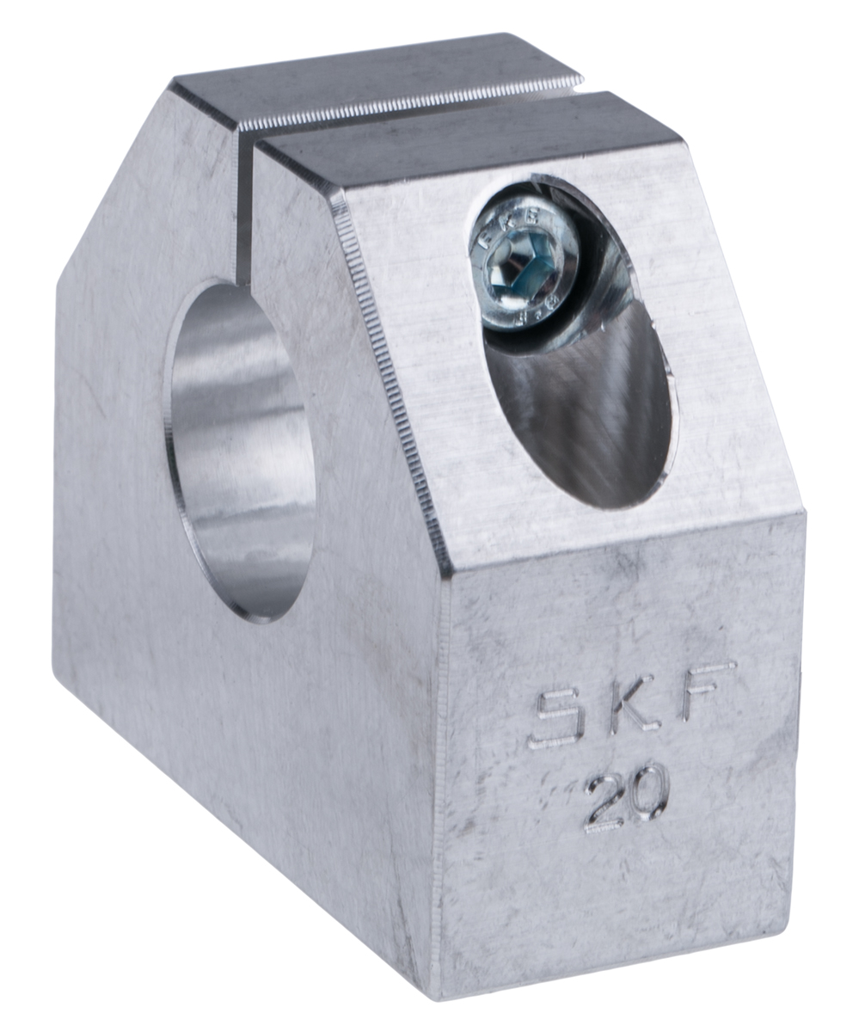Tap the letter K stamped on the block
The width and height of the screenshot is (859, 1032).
point(634,708)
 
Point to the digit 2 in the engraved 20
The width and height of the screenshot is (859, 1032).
point(605,803)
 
